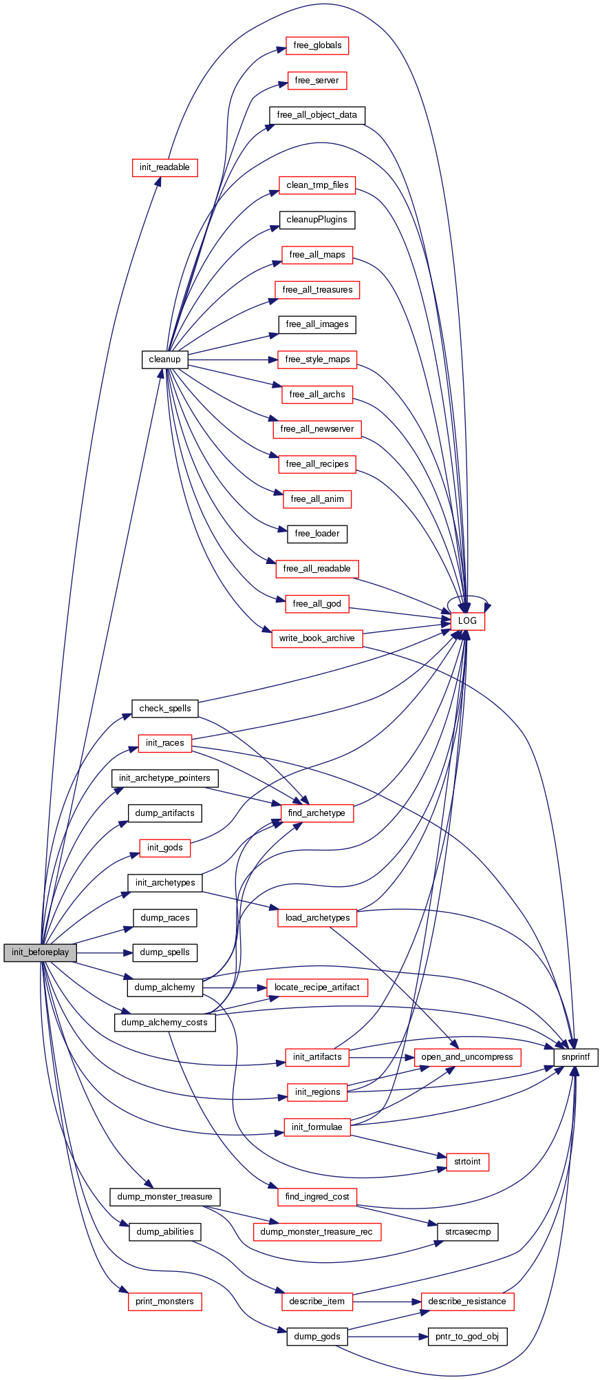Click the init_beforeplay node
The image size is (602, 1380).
(x=40, y=952)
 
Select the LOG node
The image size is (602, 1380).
(x=467, y=620)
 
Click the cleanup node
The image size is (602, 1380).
(x=164, y=359)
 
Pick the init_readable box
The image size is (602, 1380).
(x=164, y=167)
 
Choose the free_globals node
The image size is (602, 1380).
(x=317, y=45)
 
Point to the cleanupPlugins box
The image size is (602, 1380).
(x=317, y=220)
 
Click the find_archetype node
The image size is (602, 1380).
(x=316, y=813)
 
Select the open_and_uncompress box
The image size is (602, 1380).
(x=467, y=1056)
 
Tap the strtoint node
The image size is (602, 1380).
(x=467, y=1161)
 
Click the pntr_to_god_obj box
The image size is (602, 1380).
(x=467, y=1337)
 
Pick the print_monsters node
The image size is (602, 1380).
(x=164, y=1301)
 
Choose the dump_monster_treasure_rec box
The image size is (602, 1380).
(x=316, y=1231)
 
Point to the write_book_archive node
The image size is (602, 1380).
(x=316, y=638)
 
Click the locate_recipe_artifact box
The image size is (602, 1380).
(x=316, y=987)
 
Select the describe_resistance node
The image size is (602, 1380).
(x=466, y=1301)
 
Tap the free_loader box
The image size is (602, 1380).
(x=317, y=534)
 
